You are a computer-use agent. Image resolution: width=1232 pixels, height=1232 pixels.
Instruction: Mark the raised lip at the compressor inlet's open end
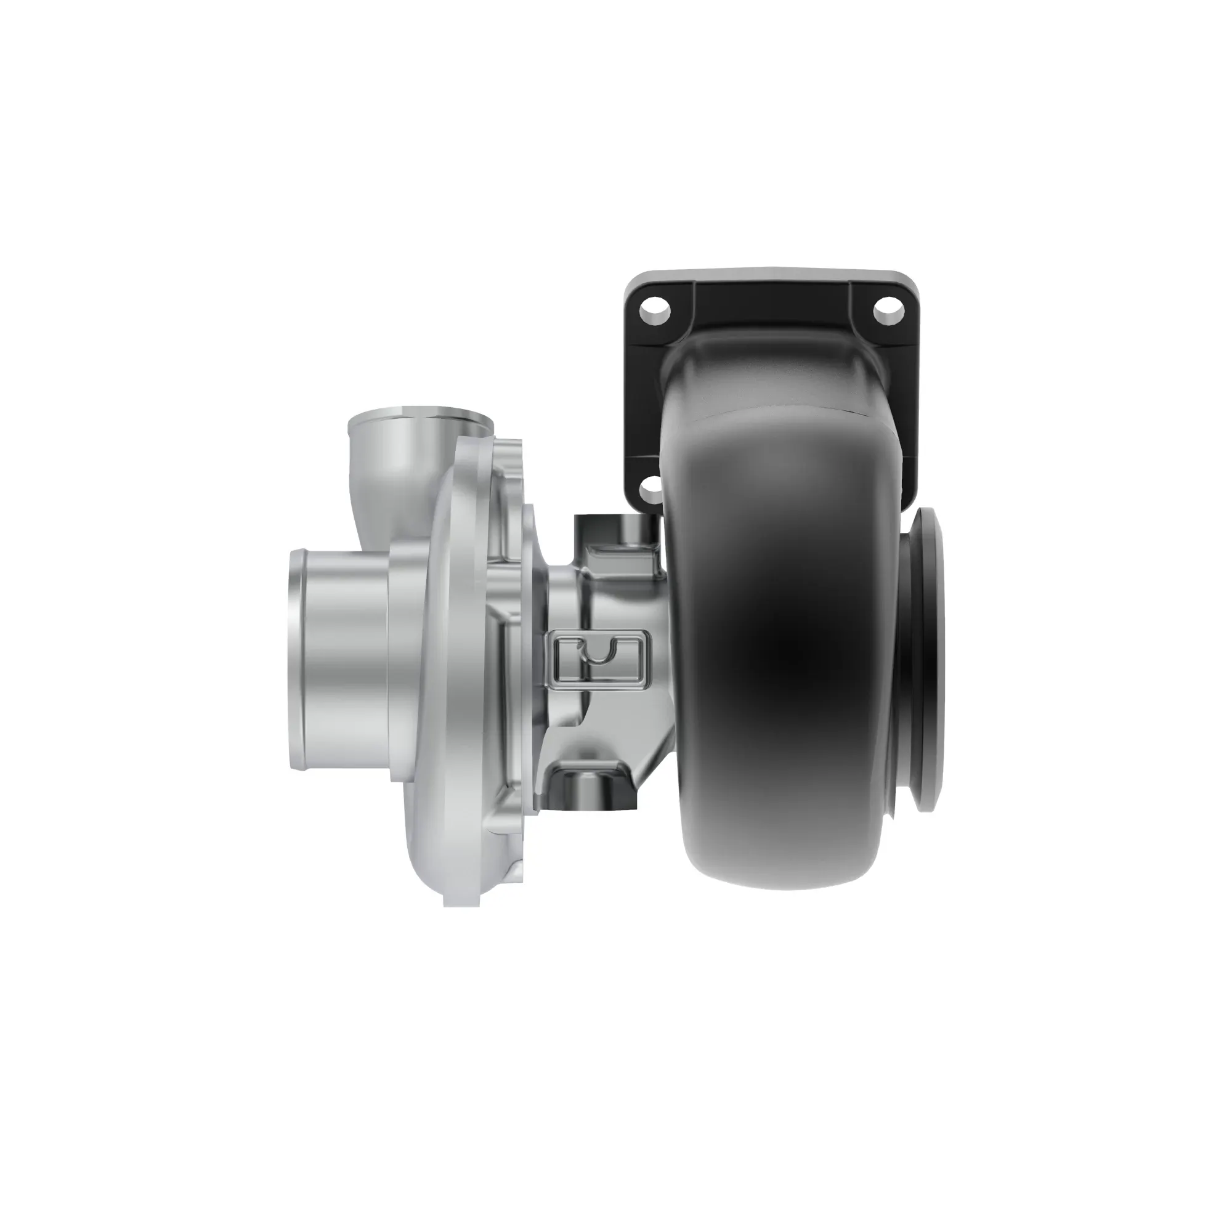[x=295, y=660]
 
